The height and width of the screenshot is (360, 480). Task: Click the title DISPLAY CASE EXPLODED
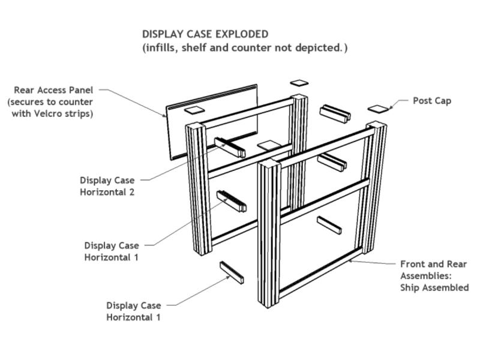point(205,34)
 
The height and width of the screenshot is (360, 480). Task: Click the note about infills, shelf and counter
point(244,47)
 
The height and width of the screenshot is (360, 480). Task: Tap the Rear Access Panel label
point(53,90)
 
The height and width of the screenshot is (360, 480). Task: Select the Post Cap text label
point(432,101)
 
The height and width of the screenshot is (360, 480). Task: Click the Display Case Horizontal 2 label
point(107,186)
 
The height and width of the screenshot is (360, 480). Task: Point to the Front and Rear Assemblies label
point(433,270)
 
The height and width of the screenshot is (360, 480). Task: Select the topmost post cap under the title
point(298,83)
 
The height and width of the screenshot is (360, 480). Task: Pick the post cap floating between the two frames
point(268,145)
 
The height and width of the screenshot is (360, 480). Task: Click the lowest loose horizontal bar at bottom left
point(232,272)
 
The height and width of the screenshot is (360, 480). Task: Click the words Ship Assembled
point(434,287)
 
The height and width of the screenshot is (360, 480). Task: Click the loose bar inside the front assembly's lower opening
point(329,224)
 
